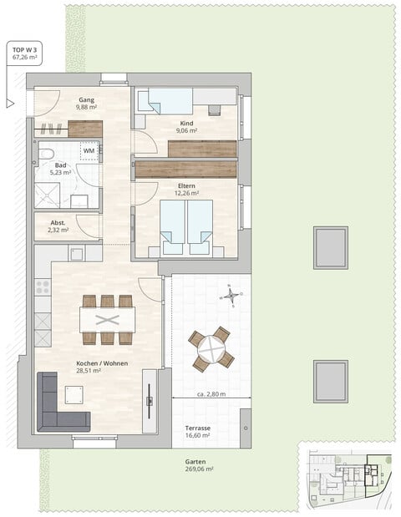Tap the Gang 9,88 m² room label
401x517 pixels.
(87, 103)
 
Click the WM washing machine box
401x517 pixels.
(89, 151)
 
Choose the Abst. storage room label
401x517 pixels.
(58, 227)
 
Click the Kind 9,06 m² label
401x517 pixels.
(185, 127)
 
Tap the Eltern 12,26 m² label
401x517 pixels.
(186, 190)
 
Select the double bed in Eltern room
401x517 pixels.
(186, 227)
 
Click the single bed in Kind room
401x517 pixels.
(171, 102)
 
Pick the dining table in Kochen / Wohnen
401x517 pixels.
(107, 320)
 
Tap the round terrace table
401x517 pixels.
(211, 349)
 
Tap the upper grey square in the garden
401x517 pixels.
(330, 246)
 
